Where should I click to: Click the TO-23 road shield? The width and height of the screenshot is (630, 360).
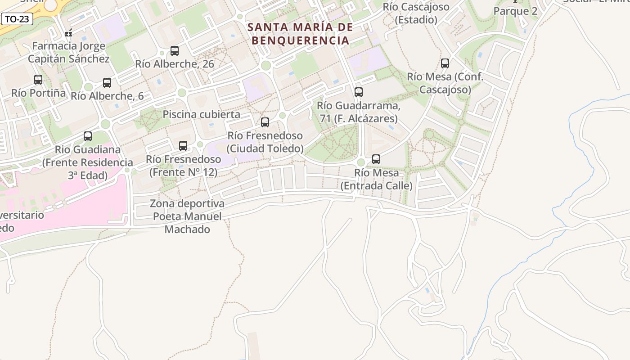17,19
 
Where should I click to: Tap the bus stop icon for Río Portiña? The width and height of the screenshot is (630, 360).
38,80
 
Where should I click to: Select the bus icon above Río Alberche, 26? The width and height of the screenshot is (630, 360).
175,51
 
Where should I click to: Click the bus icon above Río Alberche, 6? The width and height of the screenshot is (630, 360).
107,83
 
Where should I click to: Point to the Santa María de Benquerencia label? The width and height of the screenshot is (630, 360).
300,34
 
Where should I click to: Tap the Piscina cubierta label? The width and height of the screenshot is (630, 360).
201,114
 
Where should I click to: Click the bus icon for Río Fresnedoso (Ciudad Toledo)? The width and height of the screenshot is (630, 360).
265,122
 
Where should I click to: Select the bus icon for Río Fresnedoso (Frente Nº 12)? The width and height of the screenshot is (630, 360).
183,146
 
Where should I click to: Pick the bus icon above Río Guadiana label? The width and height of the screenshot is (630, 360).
88,136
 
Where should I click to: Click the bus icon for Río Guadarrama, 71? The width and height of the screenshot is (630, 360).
358,92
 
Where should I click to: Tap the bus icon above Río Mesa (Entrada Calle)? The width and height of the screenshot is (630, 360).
376,159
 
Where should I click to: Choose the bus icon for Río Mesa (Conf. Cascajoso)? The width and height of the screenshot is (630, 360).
445,63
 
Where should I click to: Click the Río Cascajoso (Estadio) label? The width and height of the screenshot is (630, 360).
416,13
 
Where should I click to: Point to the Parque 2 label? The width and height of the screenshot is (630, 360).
515,11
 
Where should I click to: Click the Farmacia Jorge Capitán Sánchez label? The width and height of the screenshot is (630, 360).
68,52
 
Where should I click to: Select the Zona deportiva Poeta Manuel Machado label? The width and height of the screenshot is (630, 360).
187,216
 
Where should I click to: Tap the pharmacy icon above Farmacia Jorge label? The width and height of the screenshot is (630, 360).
68,33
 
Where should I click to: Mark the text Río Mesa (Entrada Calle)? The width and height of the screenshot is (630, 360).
376,179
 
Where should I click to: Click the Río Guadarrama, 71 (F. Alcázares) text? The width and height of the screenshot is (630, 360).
358,112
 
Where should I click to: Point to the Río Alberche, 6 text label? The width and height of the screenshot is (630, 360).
107,96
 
